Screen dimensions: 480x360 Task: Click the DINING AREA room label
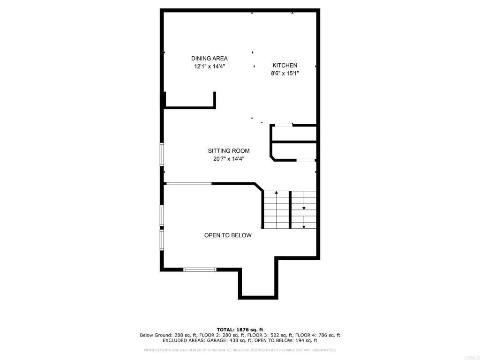[x=210, y=59]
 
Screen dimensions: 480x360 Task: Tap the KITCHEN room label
[x=285, y=65]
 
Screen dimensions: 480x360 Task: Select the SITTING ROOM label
[x=229, y=150]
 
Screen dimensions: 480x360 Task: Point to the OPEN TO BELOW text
[x=228, y=235]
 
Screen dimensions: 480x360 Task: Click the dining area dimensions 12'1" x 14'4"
[x=210, y=67]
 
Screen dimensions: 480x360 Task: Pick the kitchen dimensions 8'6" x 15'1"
[x=285, y=73]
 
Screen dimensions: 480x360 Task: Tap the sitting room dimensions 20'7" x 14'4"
[x=229, y=158]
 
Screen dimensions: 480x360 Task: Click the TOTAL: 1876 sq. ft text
[x=240, y=330]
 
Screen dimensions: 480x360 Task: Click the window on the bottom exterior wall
[x=200, y=270]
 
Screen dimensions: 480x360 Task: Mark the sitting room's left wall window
[x=162, y=155]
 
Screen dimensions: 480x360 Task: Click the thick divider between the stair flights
[x=290, y=210]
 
